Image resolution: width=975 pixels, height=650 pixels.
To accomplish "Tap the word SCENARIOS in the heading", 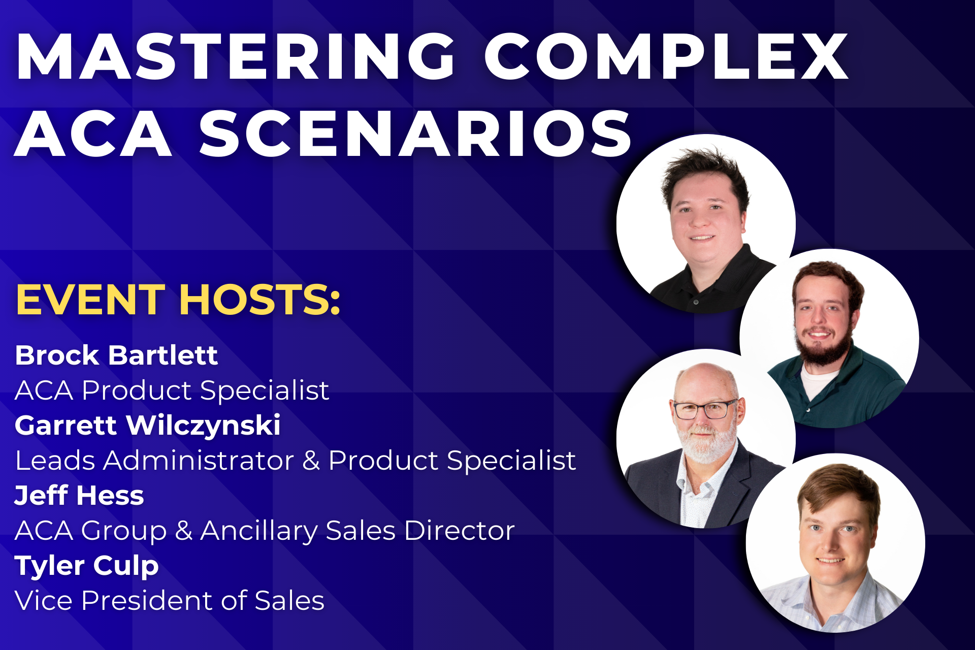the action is pos(415,133).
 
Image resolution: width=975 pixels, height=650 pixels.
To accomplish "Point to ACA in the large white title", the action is pos(93,133).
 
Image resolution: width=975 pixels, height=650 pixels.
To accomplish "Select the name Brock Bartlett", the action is pos(116,355).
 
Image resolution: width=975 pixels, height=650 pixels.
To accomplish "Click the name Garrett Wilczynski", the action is pos(147,426).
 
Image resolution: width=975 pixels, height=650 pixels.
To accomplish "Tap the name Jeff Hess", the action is pos(79,495).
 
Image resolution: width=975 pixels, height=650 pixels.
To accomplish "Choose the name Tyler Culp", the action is pos(87,566).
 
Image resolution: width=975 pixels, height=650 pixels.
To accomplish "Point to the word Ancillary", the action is pos(259,531).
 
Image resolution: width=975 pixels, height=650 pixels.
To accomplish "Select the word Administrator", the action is pos(199,461).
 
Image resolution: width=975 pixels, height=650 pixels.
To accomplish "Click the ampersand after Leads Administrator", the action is pos(311,461).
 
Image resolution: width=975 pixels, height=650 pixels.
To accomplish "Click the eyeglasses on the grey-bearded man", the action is pos(705,409).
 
